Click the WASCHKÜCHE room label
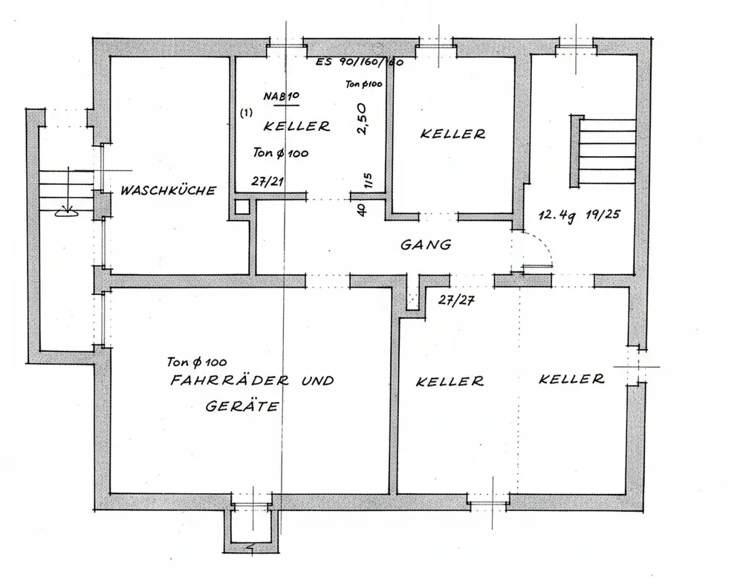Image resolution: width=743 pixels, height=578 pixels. [x=169, y=191]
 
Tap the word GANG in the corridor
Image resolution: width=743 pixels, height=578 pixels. [x=426, y=244]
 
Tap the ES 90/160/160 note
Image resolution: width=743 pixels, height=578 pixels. [x=360, y=63]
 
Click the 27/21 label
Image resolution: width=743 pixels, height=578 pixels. [x=268, y=181]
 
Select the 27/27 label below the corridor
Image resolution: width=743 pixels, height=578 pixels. [x=456, y=300]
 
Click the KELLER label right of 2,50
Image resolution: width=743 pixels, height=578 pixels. [x=452, y=134]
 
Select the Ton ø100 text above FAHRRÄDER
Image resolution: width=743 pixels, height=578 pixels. [x=197, y=363]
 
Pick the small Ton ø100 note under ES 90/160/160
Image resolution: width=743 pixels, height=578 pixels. [x=364, y=85]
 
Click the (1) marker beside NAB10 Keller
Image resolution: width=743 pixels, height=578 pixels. [x=246, y=113]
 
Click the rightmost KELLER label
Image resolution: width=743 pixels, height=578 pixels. [x=571, y=379]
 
